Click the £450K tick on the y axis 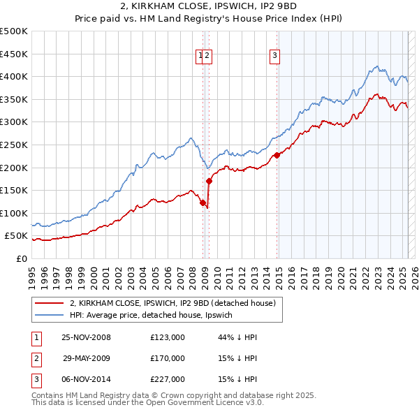point(14,54)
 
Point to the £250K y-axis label point(14,145)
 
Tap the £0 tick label point(21,258)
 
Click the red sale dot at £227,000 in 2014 point(277,155)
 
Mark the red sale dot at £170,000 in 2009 point(209,181)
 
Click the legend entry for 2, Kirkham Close point(173,303)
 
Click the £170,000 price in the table point(168,358)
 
